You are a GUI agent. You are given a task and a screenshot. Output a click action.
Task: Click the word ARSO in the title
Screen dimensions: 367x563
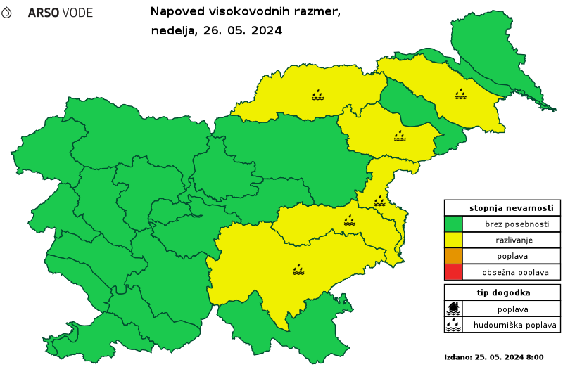point(42,13)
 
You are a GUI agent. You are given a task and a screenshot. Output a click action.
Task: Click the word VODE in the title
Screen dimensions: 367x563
point(77,13)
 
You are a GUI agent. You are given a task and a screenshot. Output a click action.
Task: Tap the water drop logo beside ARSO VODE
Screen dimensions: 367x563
point(6,13)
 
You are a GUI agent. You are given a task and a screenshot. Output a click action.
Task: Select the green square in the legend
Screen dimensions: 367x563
point(453,224)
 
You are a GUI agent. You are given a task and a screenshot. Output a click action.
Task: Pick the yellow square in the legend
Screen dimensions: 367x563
point(453,240)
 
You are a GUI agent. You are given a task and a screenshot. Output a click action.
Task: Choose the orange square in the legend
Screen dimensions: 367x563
point(453,255)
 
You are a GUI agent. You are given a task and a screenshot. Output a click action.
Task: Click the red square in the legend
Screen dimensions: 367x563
point(453,271)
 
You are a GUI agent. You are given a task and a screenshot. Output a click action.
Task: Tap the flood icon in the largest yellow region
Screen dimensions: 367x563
point(298,269)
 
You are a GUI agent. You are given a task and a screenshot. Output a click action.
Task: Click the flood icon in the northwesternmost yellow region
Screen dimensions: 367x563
point(318,94)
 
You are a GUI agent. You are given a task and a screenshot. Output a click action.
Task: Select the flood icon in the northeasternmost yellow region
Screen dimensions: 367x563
point(460,94)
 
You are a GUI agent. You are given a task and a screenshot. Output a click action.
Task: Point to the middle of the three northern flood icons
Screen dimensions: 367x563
point(400,135)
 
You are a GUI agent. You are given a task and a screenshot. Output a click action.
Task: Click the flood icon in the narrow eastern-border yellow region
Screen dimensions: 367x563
point(379,201)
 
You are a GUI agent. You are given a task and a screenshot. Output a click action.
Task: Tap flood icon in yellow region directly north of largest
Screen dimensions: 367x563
point(350,221)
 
